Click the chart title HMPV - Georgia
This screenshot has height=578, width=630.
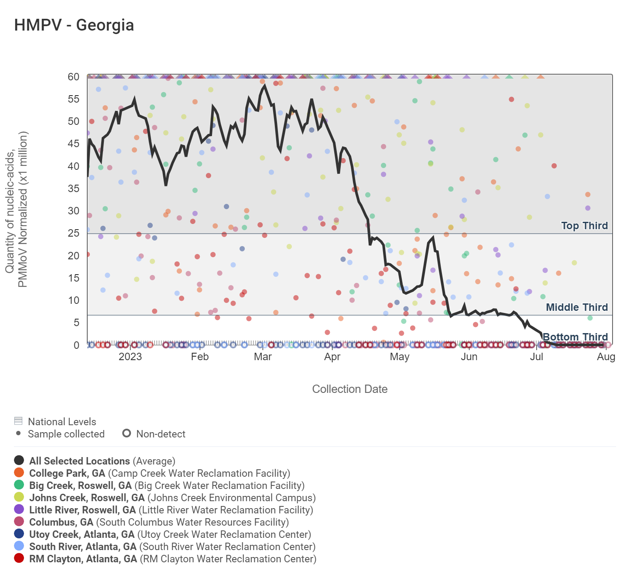(74, 25)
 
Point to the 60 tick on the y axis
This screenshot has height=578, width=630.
(73, 77)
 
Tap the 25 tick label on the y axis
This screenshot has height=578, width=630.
(73, 233)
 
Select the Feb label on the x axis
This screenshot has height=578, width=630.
(200, 357)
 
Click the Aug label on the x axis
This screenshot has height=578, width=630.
(606, 357)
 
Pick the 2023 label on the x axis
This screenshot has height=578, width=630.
(130, 357)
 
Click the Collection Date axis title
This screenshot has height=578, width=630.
(349, 389)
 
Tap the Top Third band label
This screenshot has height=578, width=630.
(584, 226)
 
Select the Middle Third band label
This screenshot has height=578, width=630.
(577, 307)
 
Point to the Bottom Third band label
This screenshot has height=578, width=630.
(575, 337)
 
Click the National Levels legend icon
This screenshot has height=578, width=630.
(18, 421)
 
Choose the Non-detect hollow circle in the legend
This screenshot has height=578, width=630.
(127, 433)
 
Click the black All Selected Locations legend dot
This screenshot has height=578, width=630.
(19, 461)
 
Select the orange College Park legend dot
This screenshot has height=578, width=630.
(19, 473)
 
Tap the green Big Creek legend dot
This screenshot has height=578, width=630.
(19, 485)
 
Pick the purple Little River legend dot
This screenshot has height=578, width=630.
(19, 509)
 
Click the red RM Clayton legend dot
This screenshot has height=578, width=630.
(19, 558)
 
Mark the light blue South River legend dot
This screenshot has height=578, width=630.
(19, 546)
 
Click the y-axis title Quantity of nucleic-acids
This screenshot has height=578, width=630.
(17, 210)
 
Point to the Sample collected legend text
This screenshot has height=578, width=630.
(66, 434)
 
